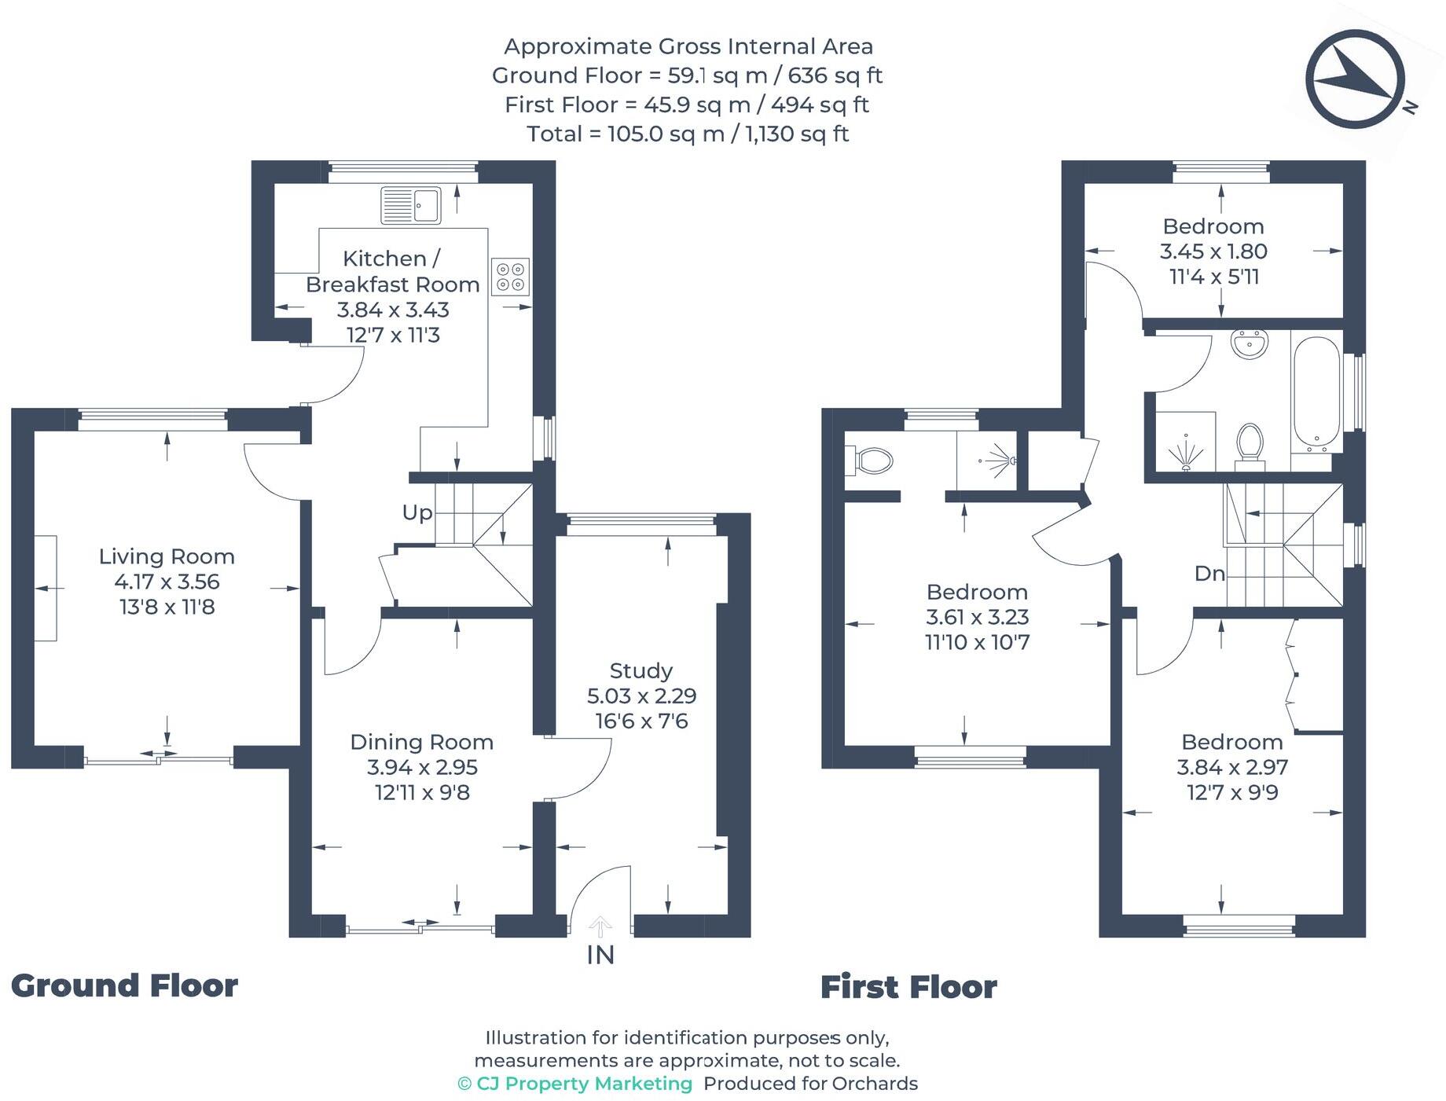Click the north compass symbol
pyautogui.click(x=1356, y=79)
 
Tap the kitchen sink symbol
pyautogui.click(x=410, y=205)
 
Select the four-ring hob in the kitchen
pyautogui.click(x=510, y=277)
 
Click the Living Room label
pyautogui.click(x=167, y=556)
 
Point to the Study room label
pyautogui.click(x=641, y=670)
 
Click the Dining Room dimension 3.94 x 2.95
pyautogui.click(x=422, y=767)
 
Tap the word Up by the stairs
pyautogui.click(x=417, y=512)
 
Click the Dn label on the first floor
pyautogui.click(x=1209, y=574)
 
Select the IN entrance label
pyautogui.click(x=600, y=955)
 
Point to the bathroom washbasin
pyautogui.click(x=1249, y=343)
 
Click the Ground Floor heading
pyautogui.click(x=124, y=986)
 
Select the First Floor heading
pyautogui.click(x=908, y=987)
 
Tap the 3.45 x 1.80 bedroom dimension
pyautogui.click(x=1213, y=251)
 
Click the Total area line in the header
pyautogui.click(x=688, y=134)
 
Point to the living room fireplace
pyautogui.click(x=46, y=588)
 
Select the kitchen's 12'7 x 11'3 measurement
pyautogui.click(x=393, y=335)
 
